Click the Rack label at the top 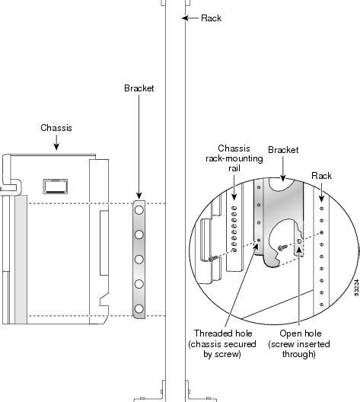pyautogui.click(x=211, y=18)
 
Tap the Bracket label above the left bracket pyautogui.click(x=139, y=88)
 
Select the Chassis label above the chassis pyautogui.click(x=56, y=128)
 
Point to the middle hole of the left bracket pyautogui.click(x=139, y=259)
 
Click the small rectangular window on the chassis pyautogui.click(x=54, y=186)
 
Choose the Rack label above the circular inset pyautogui.click(x=323, y=175)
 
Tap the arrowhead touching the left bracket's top pyautogui.click(x=139, y=196)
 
